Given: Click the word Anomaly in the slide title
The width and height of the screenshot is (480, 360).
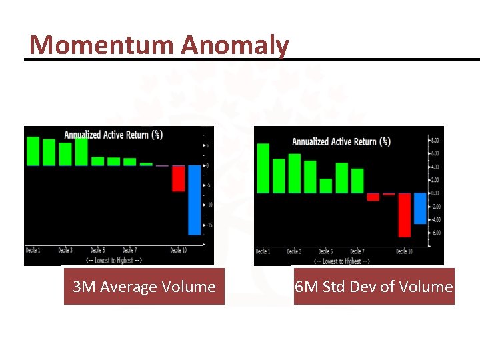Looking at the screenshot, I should tap(234, 45).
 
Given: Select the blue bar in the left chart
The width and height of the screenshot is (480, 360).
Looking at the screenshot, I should tap(194, 199).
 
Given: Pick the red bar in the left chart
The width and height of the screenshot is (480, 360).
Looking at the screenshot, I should tap(178, 178).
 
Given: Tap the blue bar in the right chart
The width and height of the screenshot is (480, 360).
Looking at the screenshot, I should tap(420, 208).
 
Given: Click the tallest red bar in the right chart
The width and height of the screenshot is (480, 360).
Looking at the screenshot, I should tap(404, 215).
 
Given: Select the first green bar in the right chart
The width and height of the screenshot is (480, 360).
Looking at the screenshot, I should tap(263, 168).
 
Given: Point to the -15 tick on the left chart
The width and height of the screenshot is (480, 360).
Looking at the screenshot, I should tap(208, 225).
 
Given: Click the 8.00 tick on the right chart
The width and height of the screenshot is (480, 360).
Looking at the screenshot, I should tap(434, 141).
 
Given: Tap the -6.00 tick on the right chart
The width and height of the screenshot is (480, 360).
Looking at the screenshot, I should tap(433, 233).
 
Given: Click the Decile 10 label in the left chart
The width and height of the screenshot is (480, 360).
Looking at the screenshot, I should tap(178, 250).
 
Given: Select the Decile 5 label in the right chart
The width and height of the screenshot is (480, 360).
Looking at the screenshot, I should tap(325, 251).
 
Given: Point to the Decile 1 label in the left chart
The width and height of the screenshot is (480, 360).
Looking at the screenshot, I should tap(33, 250).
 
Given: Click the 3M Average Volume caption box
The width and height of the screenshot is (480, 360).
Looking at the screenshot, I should tap(144, 287).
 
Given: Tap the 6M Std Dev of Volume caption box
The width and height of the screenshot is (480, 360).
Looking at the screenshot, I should tap(374, 287).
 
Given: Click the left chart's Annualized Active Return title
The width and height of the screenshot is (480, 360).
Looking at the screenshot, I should tap(113, 135).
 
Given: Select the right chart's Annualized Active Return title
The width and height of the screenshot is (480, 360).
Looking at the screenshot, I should tap(341, 141).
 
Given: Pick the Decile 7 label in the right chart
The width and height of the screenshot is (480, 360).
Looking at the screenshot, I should tap(357, 251).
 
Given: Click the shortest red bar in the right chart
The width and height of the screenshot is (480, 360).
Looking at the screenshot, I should tap(389, 194).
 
